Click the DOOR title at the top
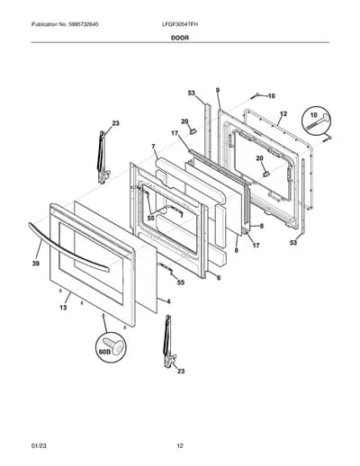tap(180, 38)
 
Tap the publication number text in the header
tap(65, 24)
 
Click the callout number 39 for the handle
tap(36, 264)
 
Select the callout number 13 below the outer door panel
tap(63, 308)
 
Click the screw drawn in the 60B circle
tap(113, 346)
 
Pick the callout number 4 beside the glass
tap(168, 301)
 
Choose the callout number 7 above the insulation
tap(153, 147)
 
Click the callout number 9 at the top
tap(218, 90)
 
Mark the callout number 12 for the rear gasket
tap(283, 114)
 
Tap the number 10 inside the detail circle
tap(313, 115)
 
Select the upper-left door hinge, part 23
tap(103, 157)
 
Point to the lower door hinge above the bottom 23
tap(169, 341)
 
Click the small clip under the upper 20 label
tap(193, 130)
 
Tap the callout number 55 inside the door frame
tap(151, 219)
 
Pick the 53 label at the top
tap(192, 94)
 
